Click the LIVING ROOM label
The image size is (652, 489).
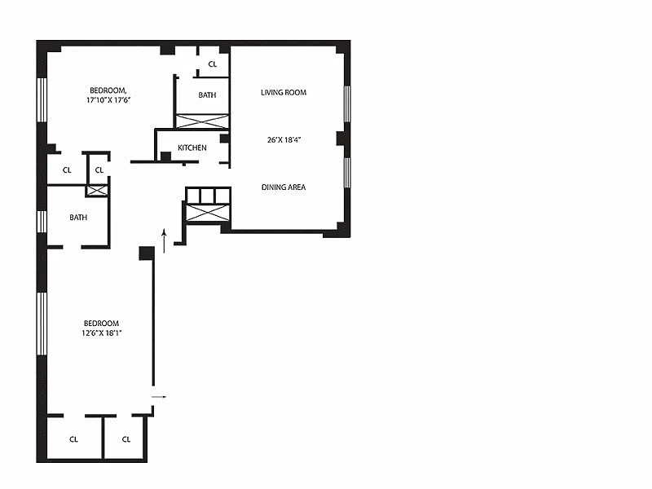[x=284, y=92]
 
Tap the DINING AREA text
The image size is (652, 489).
[x=284, y=187]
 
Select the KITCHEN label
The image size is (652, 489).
[x=192, y=148]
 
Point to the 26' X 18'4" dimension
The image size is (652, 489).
[x=284, y=139]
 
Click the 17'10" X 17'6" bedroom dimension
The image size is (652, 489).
[x=108, y=99]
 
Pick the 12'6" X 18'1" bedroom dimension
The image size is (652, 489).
[x=102, y=333]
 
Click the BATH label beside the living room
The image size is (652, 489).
[x=207, y=95]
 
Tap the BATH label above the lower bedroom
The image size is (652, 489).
[x=78, y=217]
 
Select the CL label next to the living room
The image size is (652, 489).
[x=213, y=64]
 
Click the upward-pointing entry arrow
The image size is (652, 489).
[x=165, y=240]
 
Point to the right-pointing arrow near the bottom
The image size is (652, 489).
[x=159, y=397]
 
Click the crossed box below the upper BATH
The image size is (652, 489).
[x=202, y=121]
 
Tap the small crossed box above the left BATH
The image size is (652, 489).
[x=97, y=191]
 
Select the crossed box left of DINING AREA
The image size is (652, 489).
[x=208, y=213]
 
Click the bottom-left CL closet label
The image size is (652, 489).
[x=73, y=439]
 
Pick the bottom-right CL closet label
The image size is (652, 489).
[x=126, y=439]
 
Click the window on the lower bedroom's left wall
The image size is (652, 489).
[x=42, y=324]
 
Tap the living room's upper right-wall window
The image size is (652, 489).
[x=347, y=104]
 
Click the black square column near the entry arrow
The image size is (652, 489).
[x=147, y=253]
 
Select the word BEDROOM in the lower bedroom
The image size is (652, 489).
[x=101, y=323]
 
